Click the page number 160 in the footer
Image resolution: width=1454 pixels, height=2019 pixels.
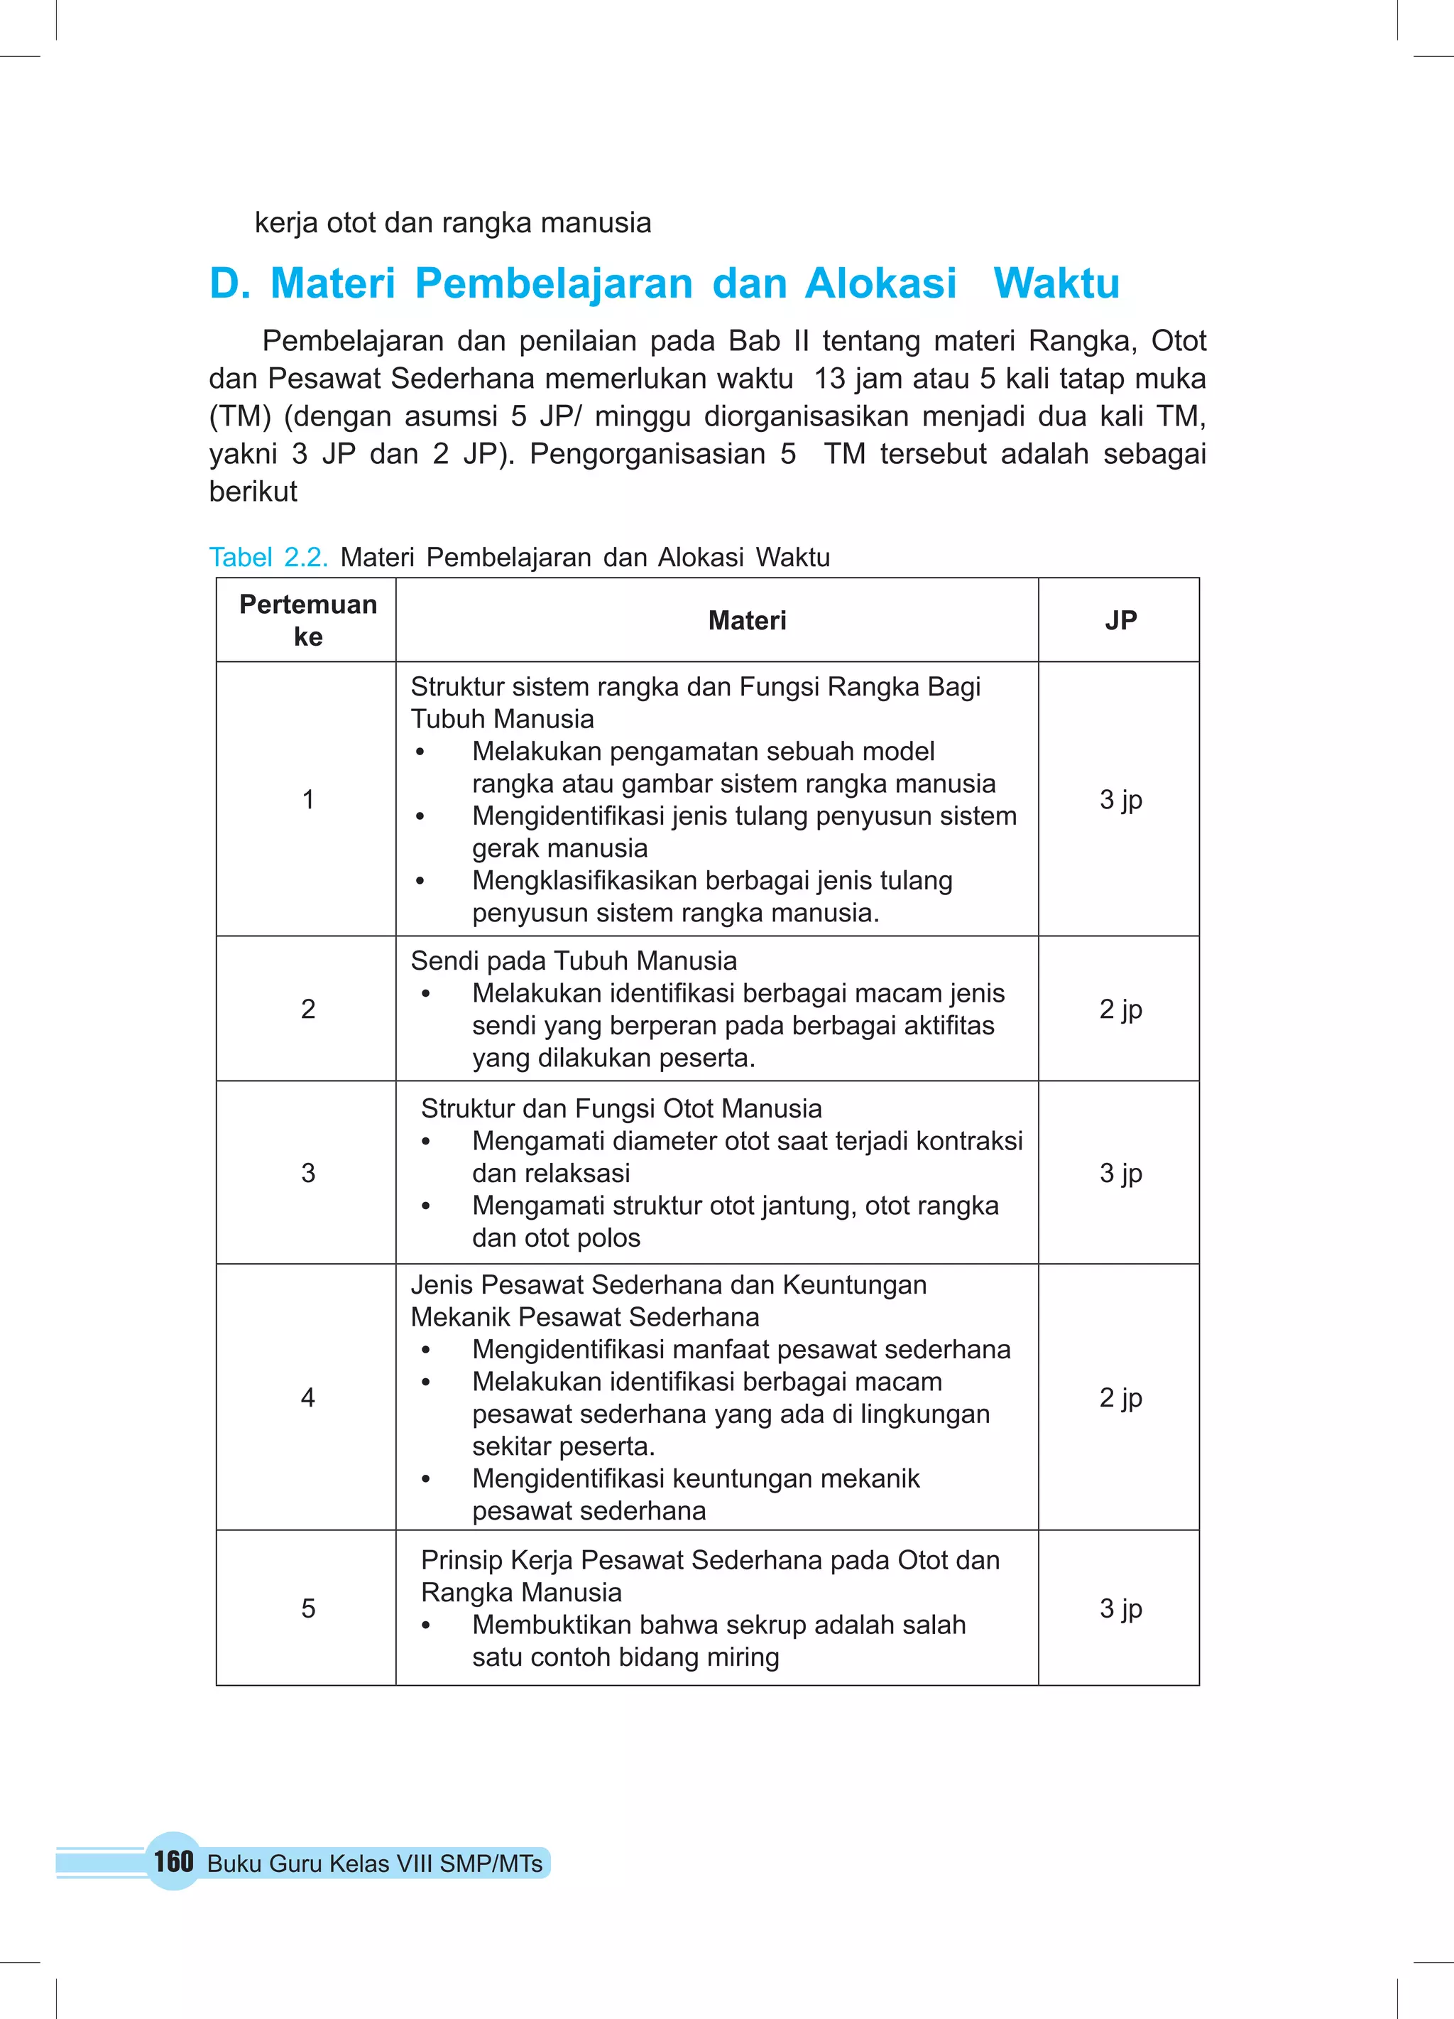click(173, 1861)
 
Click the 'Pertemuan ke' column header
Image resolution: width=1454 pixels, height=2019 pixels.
click(308, 620)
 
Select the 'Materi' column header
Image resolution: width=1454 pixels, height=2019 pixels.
click(747, 620)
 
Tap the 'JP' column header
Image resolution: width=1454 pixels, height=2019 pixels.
click(1120, 620)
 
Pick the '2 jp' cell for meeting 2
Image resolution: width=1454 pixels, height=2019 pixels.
click(1120, 1009)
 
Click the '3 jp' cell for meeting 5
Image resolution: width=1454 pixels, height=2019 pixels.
click(1120, 1608)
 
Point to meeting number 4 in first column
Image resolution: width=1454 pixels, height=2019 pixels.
click(308, 1397)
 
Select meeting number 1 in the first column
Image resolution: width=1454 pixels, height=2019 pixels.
click(308, 799)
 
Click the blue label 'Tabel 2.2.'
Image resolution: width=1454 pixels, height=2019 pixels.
click(268, 557)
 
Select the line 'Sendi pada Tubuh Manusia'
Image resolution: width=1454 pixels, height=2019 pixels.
click(573, 961)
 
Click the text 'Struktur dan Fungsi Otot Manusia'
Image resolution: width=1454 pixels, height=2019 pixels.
click(621, 1108)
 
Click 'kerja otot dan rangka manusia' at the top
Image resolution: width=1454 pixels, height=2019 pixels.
click(453, 222)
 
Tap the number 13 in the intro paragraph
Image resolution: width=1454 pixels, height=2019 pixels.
click(829, 379)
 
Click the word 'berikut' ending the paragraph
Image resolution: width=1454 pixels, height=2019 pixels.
click(253, 492)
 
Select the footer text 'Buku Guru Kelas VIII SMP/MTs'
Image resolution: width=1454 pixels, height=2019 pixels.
click(375, 1863)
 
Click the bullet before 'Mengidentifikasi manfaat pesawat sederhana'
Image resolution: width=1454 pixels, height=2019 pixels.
click(426, 1350)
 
